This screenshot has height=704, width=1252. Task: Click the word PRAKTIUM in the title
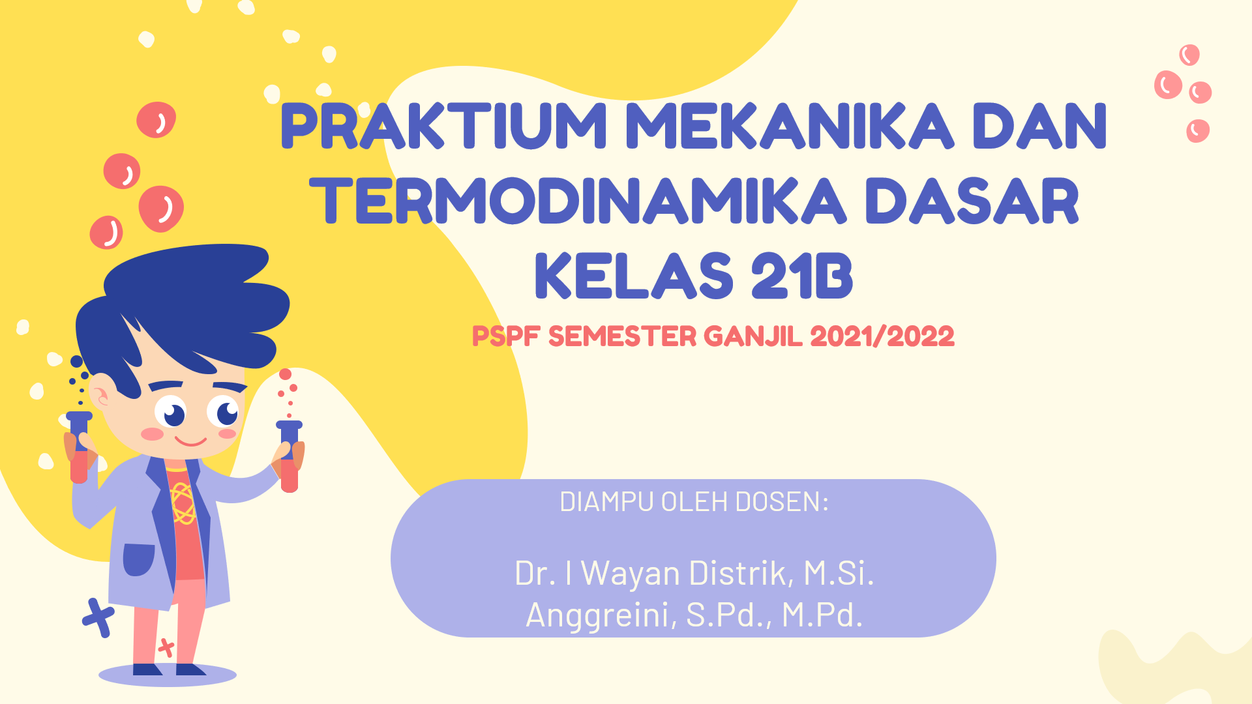pyautogui.click(x=444, y=126)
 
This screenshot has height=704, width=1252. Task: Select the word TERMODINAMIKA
pyautogui.click(x=578, y=201)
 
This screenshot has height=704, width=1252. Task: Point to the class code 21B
pyautogui.click(x=802, y=276)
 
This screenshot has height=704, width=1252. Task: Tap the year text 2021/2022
pyautogui.click(x=882, y=337)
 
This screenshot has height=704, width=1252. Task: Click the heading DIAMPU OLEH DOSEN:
pyautogui.click(x=694, y=502)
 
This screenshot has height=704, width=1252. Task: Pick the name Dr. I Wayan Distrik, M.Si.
pyautogui.click(x=694, y=573)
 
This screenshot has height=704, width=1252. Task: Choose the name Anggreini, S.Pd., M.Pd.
pyautogui.click(x=694, y=615)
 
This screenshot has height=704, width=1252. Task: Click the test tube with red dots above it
pyautogui.click(x=290, y=456)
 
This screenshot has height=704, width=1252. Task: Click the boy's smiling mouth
pyautogui.click(x=190, y=441)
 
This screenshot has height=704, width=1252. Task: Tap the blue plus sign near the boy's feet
pyautogui.click(x=98, y=617)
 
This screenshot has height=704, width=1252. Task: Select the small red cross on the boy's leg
pyautogui.click(x=166, y=647)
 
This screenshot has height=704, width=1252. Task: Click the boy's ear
pyautogui.click(x=100, y=396)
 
